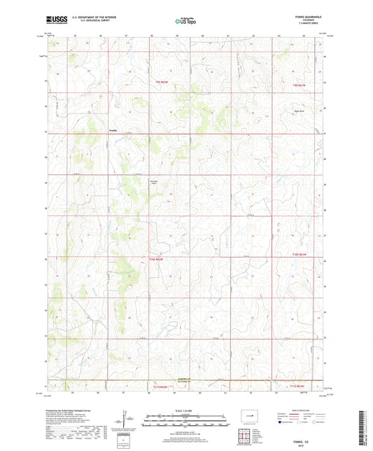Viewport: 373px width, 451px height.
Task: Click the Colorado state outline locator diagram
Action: click(x=246, y=415)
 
